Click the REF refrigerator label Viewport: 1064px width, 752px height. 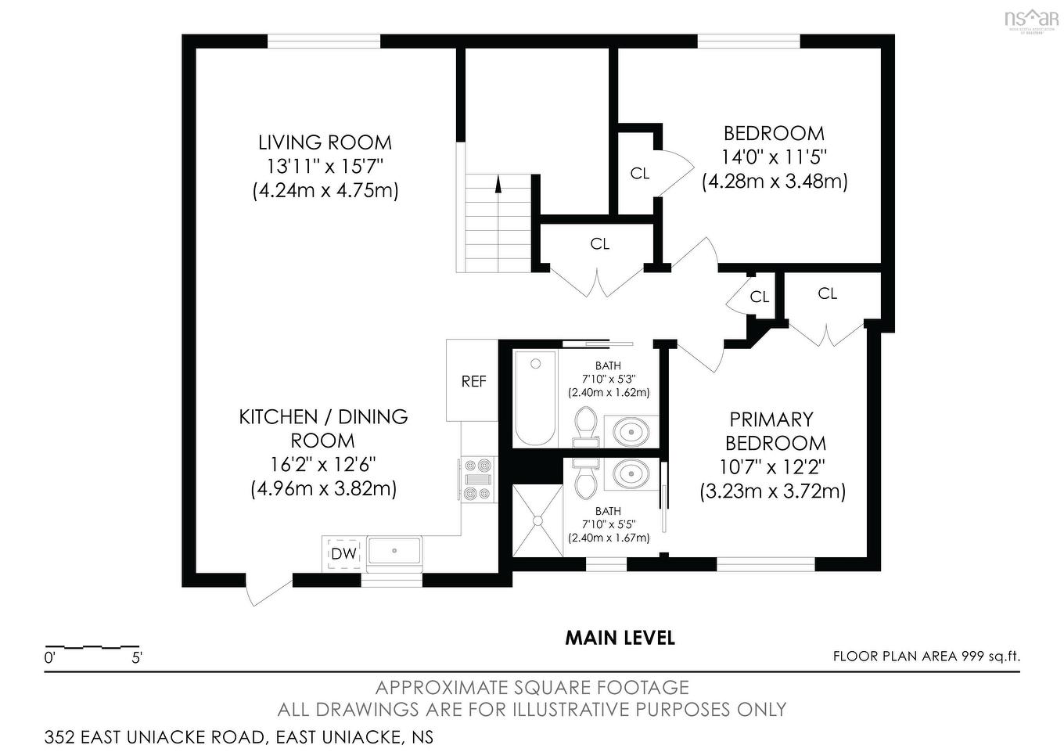point(473,382)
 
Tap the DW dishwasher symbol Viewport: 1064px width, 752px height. point(343,553)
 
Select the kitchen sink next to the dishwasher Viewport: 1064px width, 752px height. point(394,551)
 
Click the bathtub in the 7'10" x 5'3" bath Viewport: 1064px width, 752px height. point(536,398)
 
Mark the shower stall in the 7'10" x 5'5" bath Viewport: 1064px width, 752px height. point(537,520)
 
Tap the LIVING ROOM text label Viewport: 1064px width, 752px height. point(325,142)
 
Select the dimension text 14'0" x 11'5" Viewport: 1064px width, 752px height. point(774,157)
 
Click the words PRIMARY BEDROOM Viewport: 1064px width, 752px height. point(775,431)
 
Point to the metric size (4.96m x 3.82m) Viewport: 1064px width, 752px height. point(324,489)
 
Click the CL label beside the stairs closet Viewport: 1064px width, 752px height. point(599,244)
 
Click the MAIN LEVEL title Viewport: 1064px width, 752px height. point(620,639)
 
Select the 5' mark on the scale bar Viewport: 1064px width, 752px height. point(137,658)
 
